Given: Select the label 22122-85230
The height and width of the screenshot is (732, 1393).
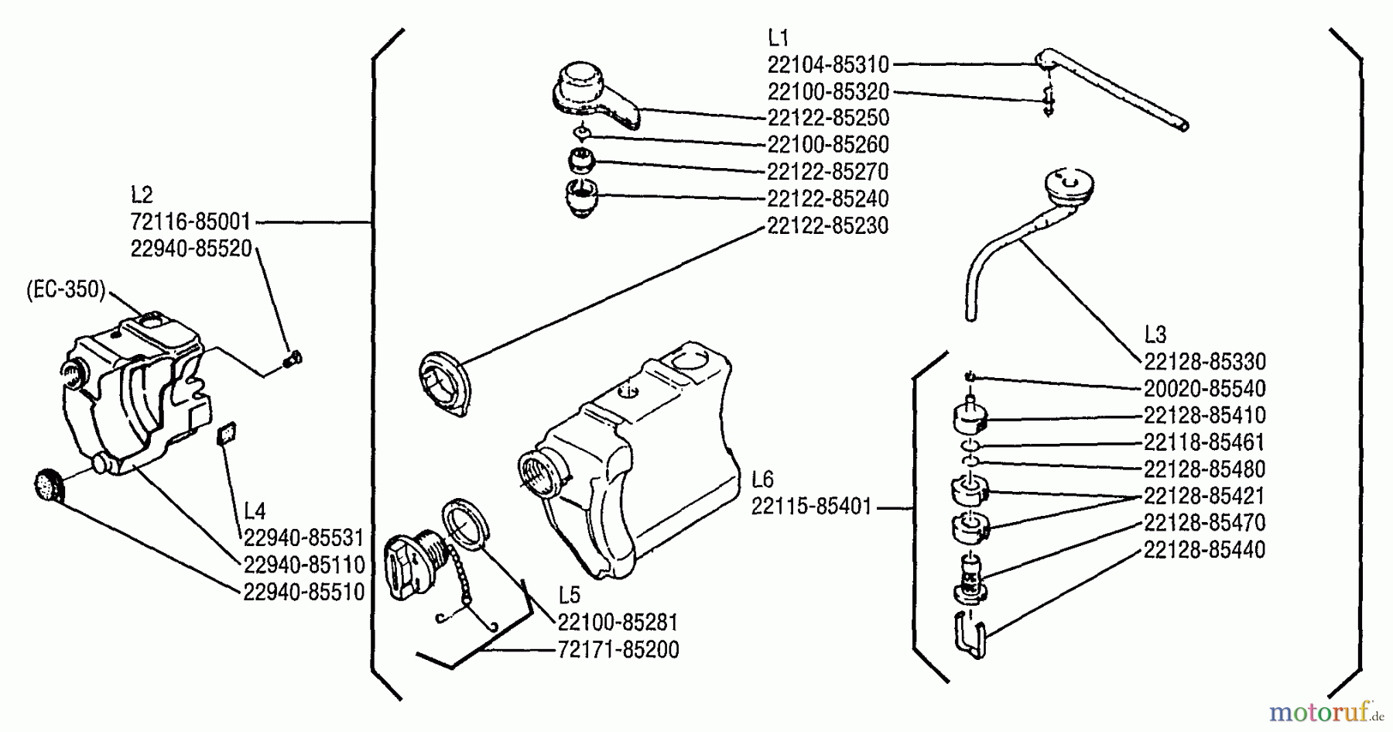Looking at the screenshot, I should click(x=828, y=225).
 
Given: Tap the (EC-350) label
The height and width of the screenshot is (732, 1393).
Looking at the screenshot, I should click(x=65, y=290).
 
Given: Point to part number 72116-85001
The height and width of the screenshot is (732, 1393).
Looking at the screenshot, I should click(x=190, y=222).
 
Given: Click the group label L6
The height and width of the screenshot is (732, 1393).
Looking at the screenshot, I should click(x=762, y=479).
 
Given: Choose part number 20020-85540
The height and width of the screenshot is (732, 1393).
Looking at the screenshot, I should click(x=1204, y=388).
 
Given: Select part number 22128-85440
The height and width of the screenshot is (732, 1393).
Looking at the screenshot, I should click(x=1204, y=550).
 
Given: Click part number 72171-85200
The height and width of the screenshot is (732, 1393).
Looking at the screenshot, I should click(x=618, y=650).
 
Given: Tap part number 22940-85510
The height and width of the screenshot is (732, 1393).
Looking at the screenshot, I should click(x=303, y=593).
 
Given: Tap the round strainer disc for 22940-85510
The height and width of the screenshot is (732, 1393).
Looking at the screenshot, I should click(x=50, y=486).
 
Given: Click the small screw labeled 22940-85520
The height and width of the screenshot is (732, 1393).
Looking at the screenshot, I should click(x=293, y=359).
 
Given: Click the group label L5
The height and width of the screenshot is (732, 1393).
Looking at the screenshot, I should click(x=569, y=594).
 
